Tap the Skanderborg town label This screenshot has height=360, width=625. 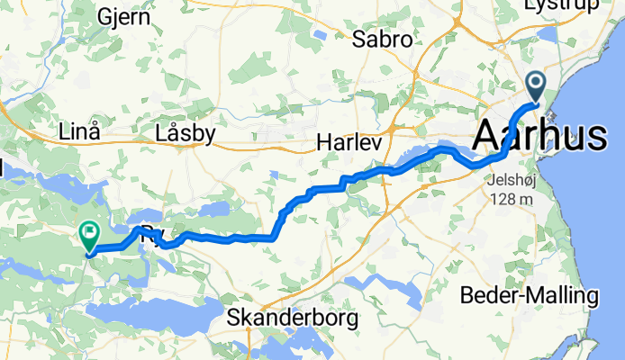click(294, 318)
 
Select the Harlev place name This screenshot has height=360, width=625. click(350, 144)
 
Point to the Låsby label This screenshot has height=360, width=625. click(185, 134)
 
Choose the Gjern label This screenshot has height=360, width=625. click(102, 17)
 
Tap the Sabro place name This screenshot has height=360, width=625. click(382, 40)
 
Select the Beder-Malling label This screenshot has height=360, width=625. click(529, 295)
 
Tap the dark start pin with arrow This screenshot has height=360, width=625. click(537, 87)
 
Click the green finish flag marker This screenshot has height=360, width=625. click(90, 236)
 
